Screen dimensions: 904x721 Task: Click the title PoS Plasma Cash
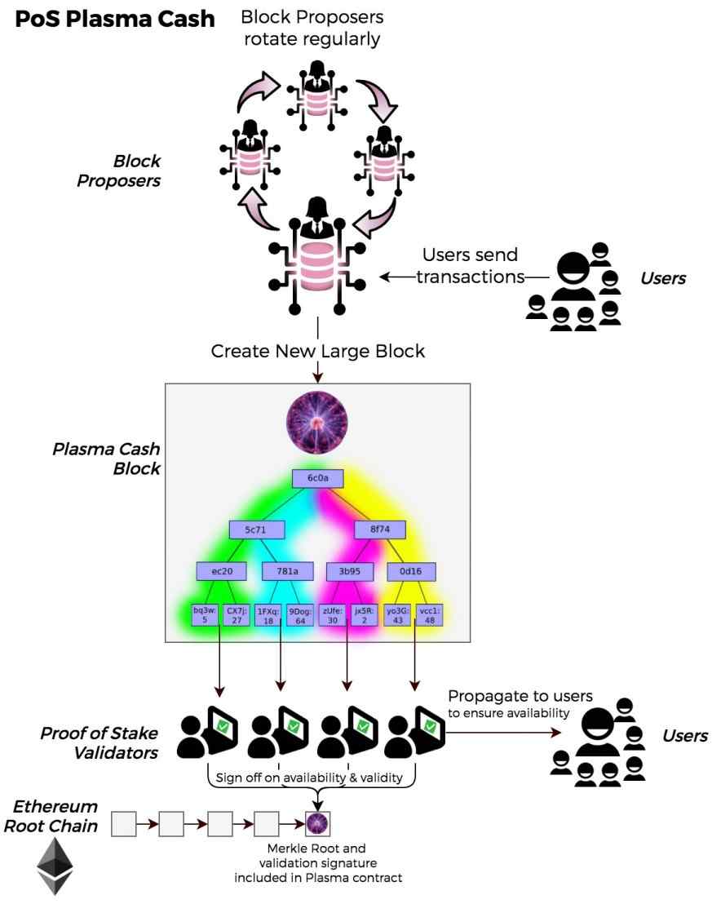pos(114,20)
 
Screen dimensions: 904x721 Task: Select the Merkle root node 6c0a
pos(316,478)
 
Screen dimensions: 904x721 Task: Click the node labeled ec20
pos(222,571)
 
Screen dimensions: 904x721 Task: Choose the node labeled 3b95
pos(350,571)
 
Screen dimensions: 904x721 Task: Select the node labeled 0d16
pos(412,571)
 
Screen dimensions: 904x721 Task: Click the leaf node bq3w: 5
pos(204,614)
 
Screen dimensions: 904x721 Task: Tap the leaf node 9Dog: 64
pos(296,614)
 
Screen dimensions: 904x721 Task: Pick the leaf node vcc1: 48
pos(428,614)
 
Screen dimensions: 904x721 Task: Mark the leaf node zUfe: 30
pos(333,614)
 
